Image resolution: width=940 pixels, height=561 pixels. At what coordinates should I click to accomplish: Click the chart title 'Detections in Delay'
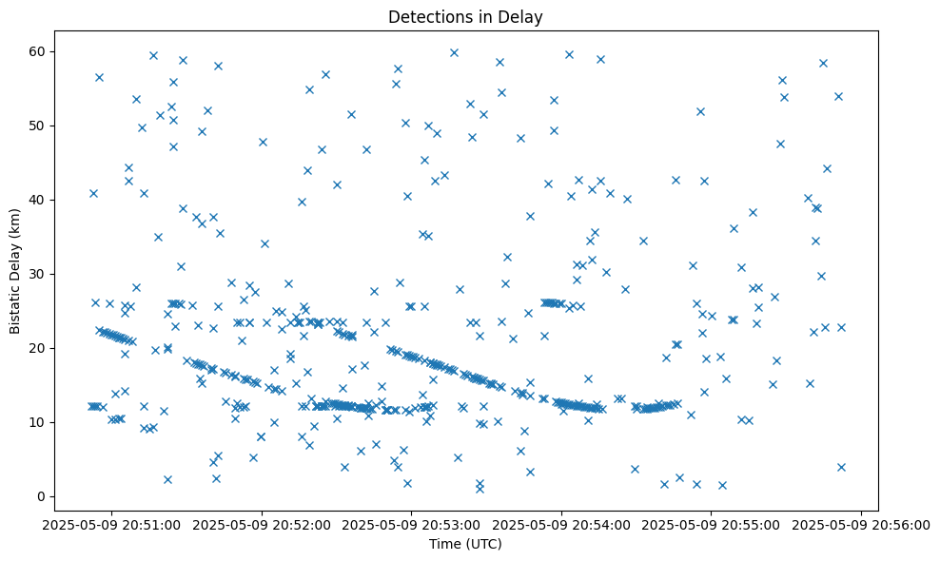pos(465,16)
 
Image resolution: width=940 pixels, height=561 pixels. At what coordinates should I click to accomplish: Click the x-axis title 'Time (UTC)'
pos(465,545)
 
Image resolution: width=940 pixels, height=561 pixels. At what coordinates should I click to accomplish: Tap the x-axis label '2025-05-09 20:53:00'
pos(412,524)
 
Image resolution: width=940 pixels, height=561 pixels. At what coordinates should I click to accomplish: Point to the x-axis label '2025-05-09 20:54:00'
pos(561,524)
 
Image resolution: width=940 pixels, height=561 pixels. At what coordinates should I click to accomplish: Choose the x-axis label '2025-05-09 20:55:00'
pos(712,524)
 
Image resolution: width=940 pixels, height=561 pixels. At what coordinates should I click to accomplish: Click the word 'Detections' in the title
pos(423,16)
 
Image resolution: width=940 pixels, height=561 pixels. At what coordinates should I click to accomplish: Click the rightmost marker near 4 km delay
pos(841,467)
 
